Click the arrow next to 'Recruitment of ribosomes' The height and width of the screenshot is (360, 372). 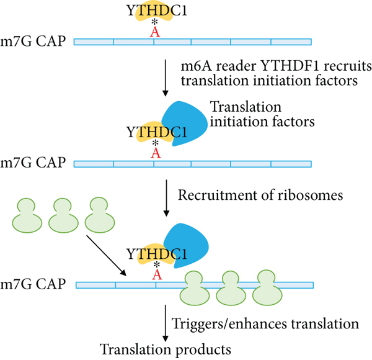166,198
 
